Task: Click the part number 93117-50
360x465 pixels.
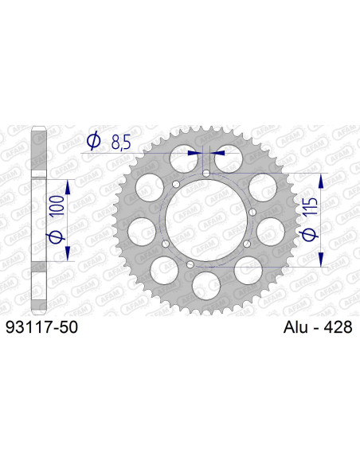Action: pyautogui.click(x=41, y=327)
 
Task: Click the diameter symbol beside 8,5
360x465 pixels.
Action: pyautogui.click(x=92, y=142)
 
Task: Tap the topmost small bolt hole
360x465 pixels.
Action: pyautogui.click(x=206, y=174)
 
